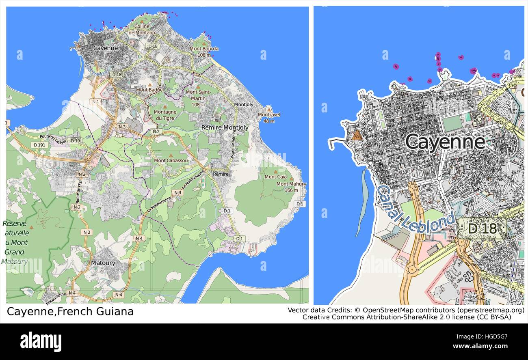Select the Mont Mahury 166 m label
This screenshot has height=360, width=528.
pos(291,187)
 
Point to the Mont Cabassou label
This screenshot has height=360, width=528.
pos(171,160)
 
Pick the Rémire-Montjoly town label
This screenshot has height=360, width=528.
pos(225,127)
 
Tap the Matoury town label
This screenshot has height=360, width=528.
pos(103,263)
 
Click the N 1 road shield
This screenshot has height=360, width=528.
pos(96,101)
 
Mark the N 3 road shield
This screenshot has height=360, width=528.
pos(122,127)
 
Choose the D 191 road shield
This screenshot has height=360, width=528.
pos(41,144)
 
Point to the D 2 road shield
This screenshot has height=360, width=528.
pos(156,131)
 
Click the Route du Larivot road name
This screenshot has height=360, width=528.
pos(53,138)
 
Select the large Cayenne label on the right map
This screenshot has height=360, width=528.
pos(445,142)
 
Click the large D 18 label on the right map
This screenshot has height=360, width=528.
pos(482,229)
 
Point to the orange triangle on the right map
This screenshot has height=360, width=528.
pos(357,136)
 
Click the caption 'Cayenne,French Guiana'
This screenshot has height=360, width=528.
pos(70,312)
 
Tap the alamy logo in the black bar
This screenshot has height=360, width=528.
pos(41,341)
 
